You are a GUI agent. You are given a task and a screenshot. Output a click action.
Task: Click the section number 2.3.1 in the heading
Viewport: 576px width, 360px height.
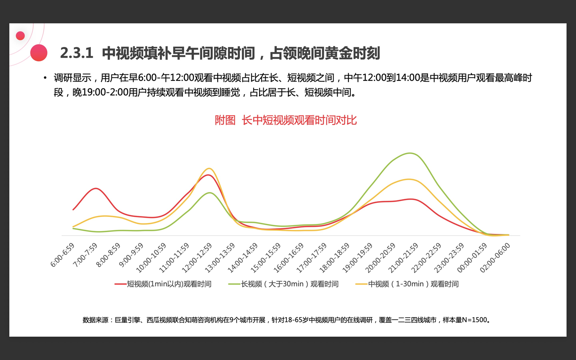76,53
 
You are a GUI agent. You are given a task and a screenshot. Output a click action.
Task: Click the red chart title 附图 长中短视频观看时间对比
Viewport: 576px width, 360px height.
286,120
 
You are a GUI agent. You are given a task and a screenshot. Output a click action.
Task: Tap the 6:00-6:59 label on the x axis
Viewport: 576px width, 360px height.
63,255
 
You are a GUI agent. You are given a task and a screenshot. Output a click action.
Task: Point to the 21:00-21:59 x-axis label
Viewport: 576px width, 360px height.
403,258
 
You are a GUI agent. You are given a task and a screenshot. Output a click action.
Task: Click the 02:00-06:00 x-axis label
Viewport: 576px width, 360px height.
495,258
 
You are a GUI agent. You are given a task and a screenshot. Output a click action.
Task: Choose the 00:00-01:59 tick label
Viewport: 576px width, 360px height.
472,258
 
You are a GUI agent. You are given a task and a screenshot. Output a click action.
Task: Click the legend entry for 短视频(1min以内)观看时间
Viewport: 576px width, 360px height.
163,284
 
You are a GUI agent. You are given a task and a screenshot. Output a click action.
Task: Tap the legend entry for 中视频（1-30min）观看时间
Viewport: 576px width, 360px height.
407,284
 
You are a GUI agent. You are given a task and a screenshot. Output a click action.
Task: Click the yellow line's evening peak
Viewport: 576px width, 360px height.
409,179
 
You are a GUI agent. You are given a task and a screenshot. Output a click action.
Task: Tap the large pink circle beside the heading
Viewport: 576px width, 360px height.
39,53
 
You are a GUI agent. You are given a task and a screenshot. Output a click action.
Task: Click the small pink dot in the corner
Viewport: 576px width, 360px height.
20,36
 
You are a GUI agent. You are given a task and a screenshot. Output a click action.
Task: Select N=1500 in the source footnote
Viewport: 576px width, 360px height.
474,320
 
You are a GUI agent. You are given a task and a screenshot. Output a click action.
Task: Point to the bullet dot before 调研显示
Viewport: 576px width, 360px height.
45,78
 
